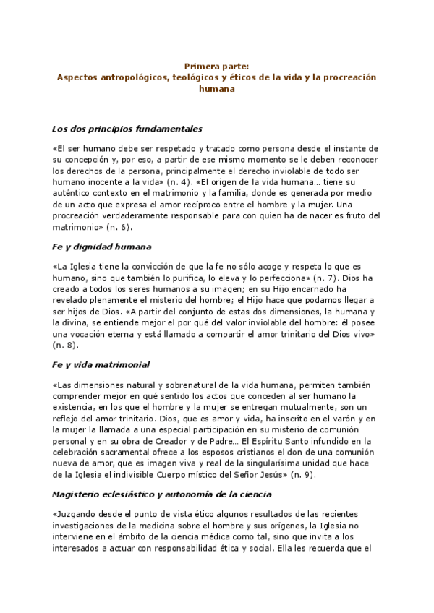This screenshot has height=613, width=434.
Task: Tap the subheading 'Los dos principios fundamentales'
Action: (127, 129)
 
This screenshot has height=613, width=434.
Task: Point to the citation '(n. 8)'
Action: (67, 345)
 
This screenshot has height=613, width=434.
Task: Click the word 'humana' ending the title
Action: (216, 89)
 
